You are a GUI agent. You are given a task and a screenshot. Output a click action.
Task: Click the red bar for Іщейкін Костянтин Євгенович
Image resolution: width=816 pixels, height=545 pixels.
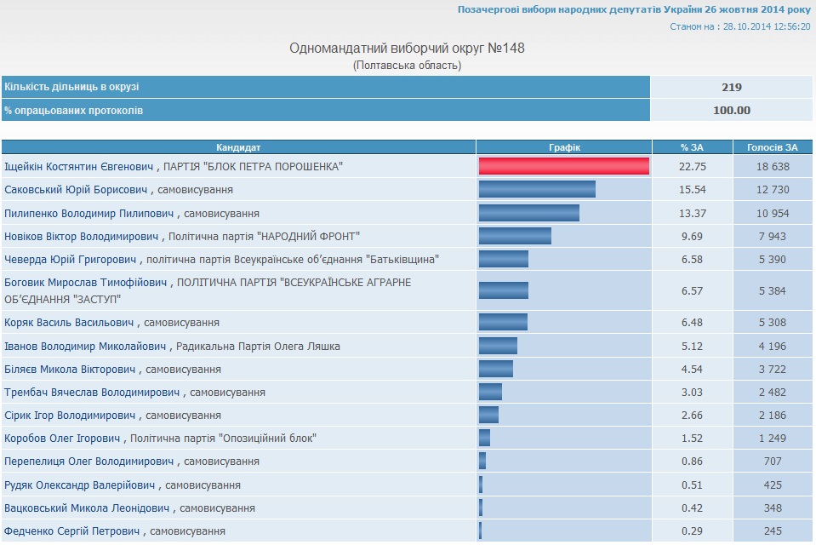pos(563,166)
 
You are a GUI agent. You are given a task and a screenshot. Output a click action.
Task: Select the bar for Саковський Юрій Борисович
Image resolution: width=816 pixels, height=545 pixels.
pos(537,189)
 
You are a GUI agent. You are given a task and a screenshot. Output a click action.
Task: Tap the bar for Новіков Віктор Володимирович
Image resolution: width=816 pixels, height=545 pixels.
pos(515,235)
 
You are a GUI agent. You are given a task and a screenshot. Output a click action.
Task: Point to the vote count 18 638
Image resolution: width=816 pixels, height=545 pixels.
pos(773,166)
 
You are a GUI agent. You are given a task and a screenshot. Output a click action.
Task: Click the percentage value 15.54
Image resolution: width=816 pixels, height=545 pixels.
pos(693,189)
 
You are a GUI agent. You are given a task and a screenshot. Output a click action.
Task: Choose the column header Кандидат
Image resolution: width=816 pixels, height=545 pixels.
pos(238,146)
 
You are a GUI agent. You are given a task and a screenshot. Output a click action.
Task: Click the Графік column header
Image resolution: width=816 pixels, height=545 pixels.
pos(564,146)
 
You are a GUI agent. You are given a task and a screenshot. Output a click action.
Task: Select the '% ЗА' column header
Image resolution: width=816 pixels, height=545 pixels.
pos(693,146)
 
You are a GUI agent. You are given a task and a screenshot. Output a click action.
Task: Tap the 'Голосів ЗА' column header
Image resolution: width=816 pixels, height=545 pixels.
pos(773,146)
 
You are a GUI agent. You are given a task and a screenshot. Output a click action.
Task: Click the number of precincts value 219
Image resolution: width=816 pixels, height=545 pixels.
pos(732,87)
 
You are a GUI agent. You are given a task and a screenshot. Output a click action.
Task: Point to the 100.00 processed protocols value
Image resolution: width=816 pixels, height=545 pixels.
pos(732,110)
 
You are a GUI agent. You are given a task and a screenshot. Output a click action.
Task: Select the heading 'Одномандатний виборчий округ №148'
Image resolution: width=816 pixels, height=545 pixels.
pos(408,48)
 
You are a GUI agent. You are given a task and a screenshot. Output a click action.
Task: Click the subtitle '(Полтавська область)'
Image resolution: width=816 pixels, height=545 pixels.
pos(408,65)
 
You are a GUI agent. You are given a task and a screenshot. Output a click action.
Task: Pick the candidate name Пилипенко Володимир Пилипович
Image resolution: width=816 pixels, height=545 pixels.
pos(89,213)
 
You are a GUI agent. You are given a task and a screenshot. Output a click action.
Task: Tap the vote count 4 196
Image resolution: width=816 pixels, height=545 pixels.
pos(773,346)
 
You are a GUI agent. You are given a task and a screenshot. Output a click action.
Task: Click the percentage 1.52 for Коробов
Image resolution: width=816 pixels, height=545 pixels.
pos(693,439)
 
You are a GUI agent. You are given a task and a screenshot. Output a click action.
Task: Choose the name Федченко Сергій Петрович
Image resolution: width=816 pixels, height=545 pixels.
pos(72,531)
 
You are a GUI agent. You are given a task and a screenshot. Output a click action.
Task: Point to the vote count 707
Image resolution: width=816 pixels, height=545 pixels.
pos(773,462)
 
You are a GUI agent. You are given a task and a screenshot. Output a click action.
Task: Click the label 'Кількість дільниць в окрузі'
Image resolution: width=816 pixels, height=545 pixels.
pos(71,87)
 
